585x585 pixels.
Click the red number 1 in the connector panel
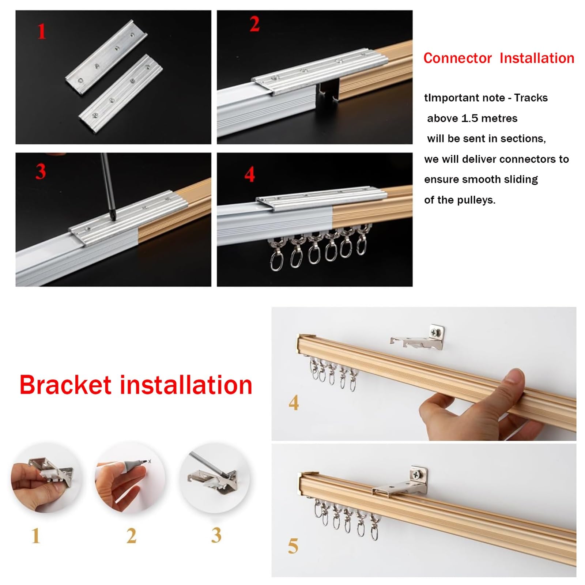[42, 31]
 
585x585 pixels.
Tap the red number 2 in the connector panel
[254, 24]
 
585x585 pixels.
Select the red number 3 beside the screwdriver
[41, 171]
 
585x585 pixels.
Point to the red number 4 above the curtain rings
[250, 174]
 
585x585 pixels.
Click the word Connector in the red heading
[457, 58]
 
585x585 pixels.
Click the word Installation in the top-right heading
[537, 58]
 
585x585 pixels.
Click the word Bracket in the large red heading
[65, 385]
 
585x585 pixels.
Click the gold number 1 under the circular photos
[36, 536]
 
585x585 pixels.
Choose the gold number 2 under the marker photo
[131, 536]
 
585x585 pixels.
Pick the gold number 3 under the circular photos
[216, 535]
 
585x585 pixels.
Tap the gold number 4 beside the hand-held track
[294, 403]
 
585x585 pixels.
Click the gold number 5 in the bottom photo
[293, 546]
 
